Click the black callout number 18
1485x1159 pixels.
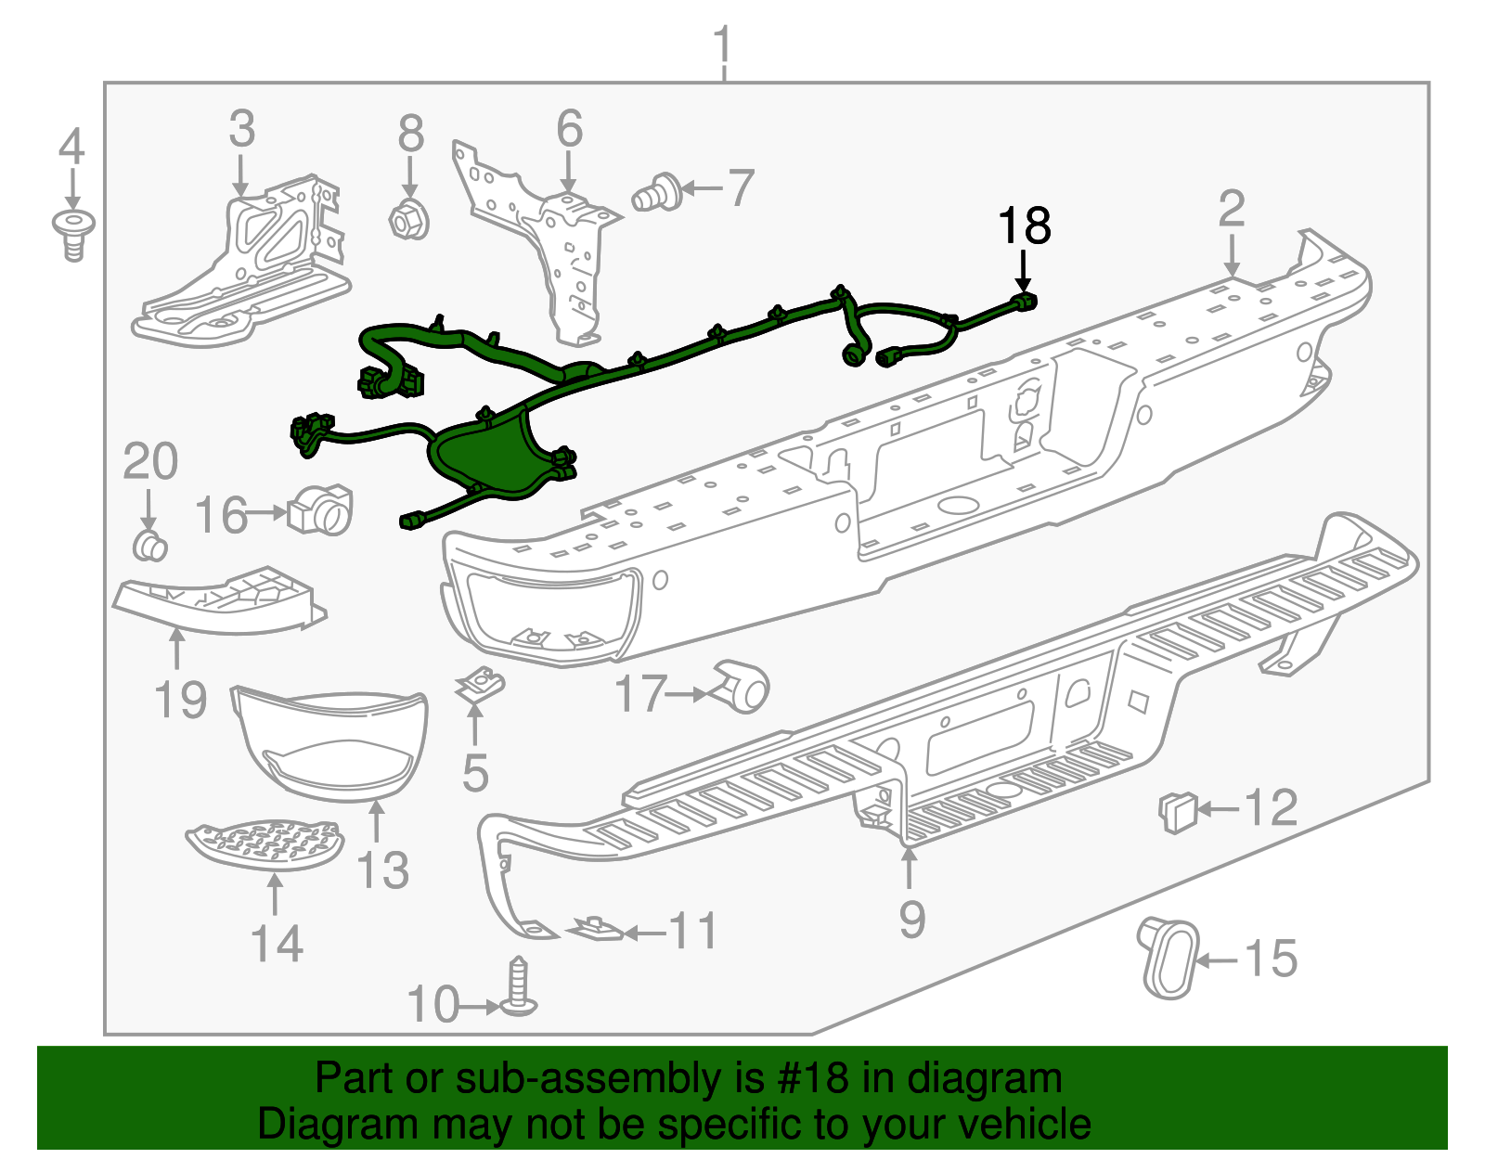point(1024,225)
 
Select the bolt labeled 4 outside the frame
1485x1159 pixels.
point(74,234)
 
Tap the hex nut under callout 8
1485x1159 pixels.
point(408,221)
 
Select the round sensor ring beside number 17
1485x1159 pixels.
point(742,688)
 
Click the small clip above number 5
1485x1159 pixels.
point(480,686)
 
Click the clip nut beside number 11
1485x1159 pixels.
point(595,928)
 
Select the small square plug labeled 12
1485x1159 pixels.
point(1176,812)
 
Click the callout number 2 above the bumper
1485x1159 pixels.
point(1231,209)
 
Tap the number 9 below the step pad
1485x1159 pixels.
point(911,919)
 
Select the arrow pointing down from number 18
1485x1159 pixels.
point(1023,272)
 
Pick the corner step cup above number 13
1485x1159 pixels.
point(330,742)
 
